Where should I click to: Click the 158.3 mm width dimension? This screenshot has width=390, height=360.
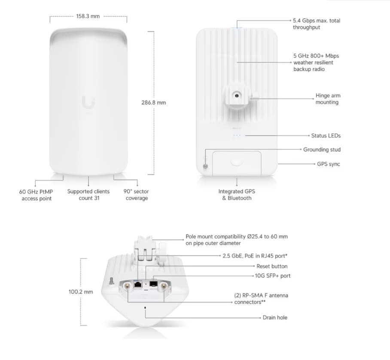pos(88,16)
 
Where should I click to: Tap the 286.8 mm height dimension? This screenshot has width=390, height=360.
pos(154,103)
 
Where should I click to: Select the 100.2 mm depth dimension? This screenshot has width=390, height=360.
pos(81,292)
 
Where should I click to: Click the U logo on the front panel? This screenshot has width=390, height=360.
pos(88,103)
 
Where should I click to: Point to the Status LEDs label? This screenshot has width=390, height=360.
pos(326,136)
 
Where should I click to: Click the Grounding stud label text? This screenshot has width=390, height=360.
pos(322,149)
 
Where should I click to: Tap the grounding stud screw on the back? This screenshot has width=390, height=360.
pos(205,166)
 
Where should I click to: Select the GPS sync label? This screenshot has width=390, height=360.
pos(328,164)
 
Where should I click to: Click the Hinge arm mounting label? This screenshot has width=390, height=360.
pos(328,99)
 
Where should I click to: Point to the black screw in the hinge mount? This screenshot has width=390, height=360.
pos(237,95)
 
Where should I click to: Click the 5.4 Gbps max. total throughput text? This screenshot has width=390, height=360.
pos(317,24)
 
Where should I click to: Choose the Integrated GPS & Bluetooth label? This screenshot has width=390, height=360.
pos(237,195)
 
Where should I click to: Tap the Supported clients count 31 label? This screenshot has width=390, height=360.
pos(88,195)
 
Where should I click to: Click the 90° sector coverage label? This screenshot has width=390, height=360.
pos(136,195)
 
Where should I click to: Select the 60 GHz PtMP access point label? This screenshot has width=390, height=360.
pos(36,195)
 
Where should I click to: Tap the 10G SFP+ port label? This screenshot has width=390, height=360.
pos(273,276)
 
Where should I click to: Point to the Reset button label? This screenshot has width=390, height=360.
pos(272,266)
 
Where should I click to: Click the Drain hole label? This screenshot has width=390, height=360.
pos(275,317)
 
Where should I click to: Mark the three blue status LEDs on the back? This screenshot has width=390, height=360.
pos(237,135)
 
